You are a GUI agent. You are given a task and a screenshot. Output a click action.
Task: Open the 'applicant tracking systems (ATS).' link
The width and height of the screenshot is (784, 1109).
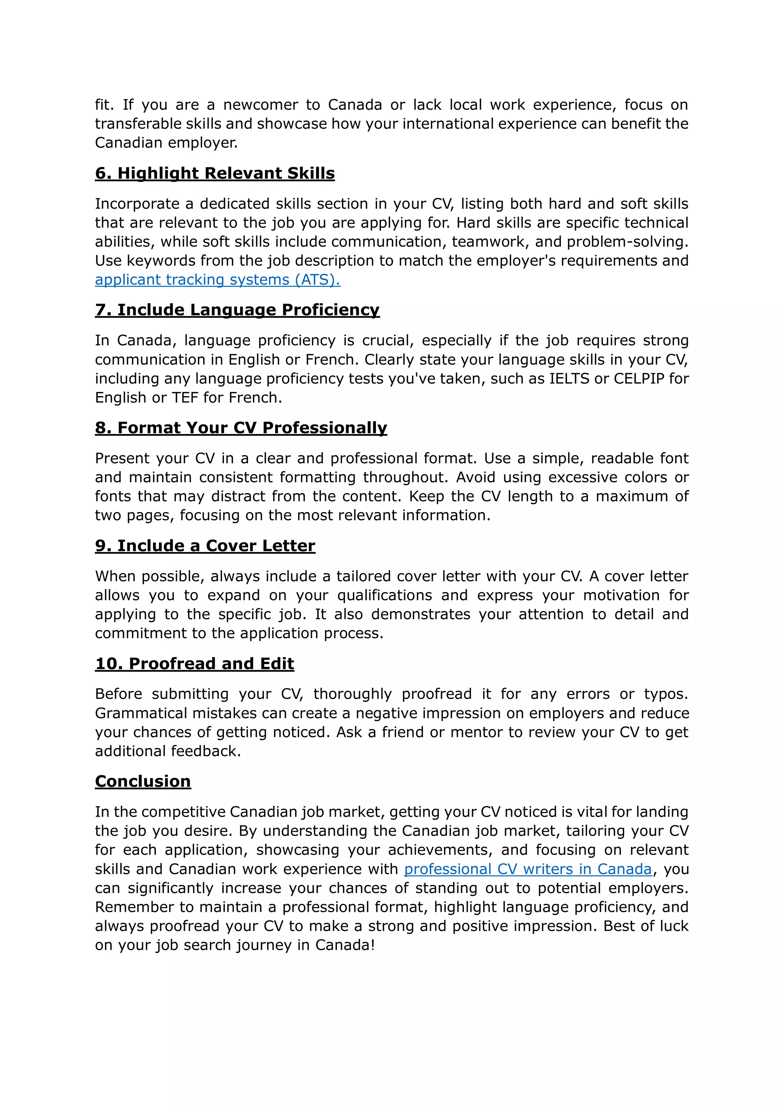pos(217,280)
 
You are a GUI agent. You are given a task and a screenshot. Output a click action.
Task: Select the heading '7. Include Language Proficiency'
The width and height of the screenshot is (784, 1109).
pos(237,310)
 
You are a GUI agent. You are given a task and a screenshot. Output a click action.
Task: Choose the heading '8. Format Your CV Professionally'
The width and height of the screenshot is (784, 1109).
pos(241,428)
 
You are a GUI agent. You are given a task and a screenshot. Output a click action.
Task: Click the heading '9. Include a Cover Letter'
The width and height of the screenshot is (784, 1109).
pos(205,546)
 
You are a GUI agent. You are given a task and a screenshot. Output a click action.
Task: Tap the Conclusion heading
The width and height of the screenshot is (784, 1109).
pos(143,782)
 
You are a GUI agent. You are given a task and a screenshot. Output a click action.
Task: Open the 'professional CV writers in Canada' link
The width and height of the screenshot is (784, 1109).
pos(528,869)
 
